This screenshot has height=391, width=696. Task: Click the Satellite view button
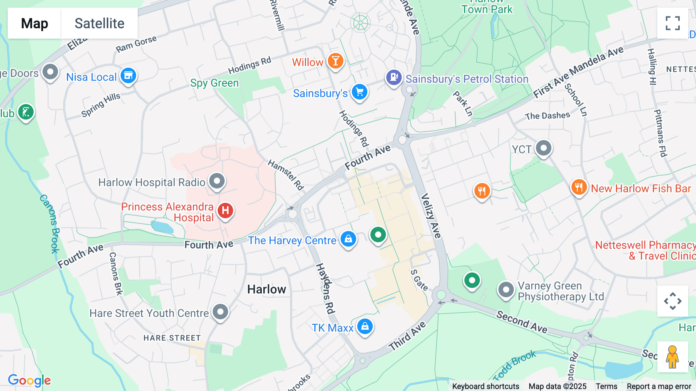[99, 23]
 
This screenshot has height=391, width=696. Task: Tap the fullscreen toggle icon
[672, 23]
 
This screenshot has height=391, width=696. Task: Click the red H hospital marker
[225, 211]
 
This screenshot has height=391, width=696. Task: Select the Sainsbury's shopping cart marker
[360, 92]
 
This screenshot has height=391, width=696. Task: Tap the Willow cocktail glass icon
[335, 61]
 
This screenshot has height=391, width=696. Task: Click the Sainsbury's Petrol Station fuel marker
[394, 77]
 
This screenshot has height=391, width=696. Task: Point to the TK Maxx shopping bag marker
[365, 326]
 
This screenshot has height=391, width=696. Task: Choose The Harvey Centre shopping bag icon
[348, 239]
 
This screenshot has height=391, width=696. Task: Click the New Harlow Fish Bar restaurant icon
[579, 187]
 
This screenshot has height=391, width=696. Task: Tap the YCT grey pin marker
[544, 148]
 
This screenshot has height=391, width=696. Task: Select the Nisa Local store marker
[128, 75]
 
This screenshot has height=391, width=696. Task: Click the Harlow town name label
[266, 289]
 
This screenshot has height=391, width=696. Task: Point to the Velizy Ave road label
[431, 216]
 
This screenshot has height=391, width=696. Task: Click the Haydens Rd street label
[325, 288]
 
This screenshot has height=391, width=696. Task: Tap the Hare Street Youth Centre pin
[220, 312]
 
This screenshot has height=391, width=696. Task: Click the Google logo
[29, 380]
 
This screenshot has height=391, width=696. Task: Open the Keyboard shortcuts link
[485, 386]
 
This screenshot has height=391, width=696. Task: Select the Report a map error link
[658, 386]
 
